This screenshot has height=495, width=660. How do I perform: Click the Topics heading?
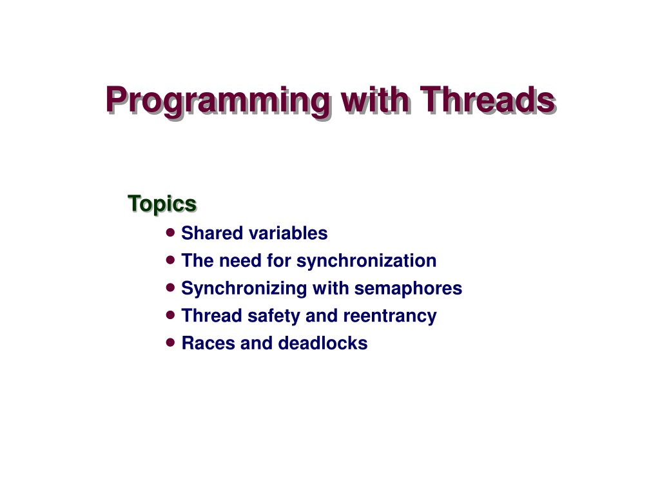162,204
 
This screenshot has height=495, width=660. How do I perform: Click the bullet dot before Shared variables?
170,232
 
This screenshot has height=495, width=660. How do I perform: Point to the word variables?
288,233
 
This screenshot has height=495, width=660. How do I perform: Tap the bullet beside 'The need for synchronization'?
170,260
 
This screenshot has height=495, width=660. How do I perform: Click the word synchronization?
366,261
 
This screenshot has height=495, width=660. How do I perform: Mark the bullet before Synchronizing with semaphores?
170,287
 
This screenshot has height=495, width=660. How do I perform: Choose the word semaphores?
408,289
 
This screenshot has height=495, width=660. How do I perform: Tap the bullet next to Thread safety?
170,315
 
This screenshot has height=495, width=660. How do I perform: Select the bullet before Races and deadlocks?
170,343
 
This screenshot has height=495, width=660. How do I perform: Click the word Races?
208,343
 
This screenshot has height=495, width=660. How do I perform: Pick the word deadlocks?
323,343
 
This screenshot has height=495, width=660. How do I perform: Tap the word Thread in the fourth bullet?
211,315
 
